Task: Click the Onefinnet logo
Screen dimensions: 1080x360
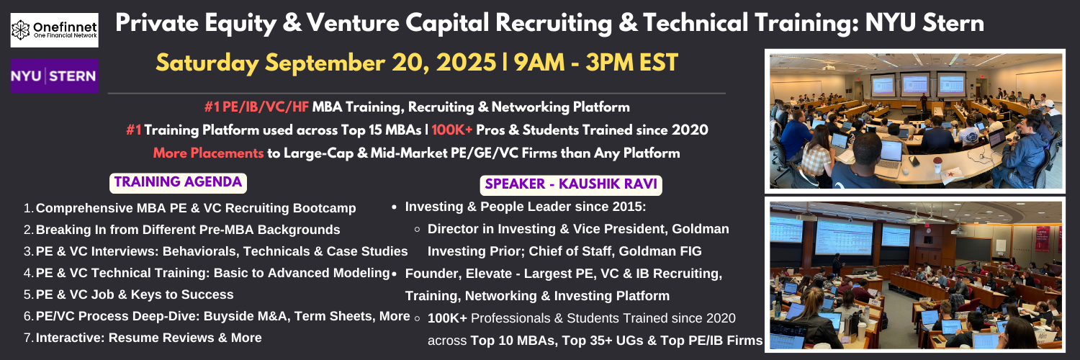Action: point(55,30)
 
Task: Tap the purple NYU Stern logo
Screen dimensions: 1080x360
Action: point(55,76)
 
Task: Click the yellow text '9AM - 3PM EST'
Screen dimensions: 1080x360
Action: point(596,63)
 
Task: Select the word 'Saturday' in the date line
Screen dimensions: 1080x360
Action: point(207,63)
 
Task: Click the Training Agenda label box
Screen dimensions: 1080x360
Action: point(178,183)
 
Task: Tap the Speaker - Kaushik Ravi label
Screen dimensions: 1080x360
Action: point(571,184)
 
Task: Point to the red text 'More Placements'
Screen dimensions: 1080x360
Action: point(208,153)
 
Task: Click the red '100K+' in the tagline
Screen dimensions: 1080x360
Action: point(451,130)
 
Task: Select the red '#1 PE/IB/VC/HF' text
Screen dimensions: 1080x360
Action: point(256,107)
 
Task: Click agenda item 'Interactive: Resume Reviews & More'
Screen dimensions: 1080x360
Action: point(148,338)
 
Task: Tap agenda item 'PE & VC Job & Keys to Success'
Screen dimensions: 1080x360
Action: point(135,294)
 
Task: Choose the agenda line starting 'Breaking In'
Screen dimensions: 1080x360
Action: point(188,230)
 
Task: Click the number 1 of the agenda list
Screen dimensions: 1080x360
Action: point(27,208)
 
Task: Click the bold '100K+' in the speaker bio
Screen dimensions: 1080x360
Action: point(447,318)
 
